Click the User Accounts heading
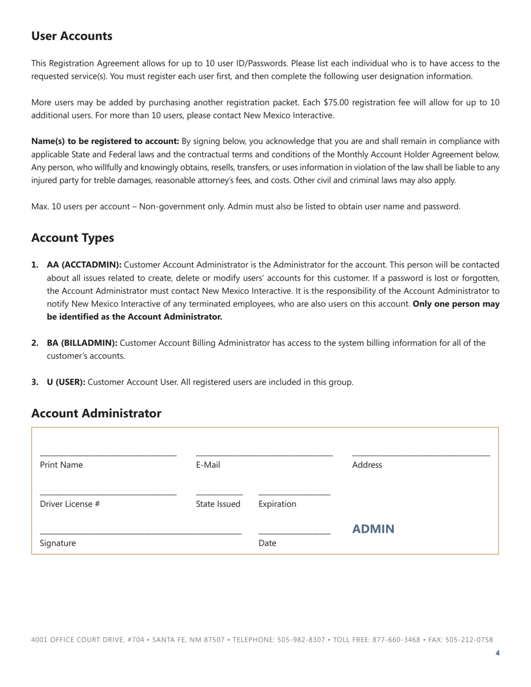pos(72,36)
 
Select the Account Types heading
pos(73,238)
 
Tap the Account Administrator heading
pos(96,413)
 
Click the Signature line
pos(140,533)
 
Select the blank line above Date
pos(294,533)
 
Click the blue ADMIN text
pos(373,529)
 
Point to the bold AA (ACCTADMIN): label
pos(84,265)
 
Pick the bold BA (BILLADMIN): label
pos(82,343)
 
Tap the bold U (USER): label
pos(66,383)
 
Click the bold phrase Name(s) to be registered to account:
pos(105,141)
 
